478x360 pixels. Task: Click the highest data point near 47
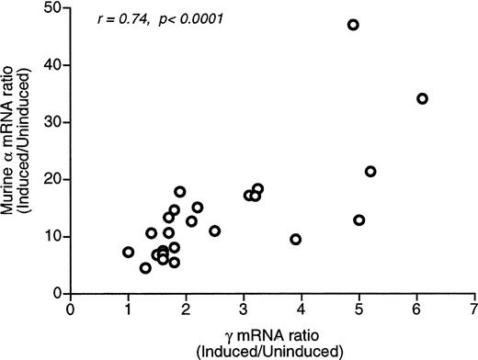point(353,25)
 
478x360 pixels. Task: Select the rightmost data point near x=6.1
point(422,98)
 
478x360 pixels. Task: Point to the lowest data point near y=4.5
point(145,268)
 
